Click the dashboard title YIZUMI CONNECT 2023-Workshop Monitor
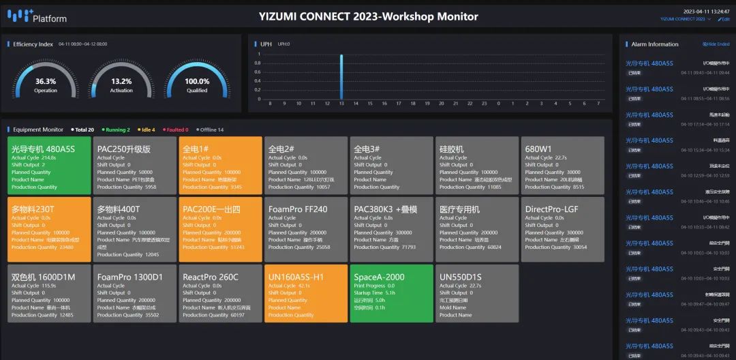(x=369, y=16)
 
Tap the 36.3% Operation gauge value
(x=46, y=81)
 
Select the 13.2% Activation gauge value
(x=121, y=81)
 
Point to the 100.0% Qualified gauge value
(x=197, y=81)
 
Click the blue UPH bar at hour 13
(x=341, y=76)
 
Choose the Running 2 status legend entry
(x=117, y=130)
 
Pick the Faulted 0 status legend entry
(x=177, y=130)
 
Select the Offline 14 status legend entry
(x=211, y=130)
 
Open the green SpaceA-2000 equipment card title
(x=379, y=277)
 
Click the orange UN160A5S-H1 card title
(x=296, y=277)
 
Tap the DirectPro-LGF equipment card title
(x=552, y=209)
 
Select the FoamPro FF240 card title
(x=298, y=209)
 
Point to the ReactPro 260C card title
(x=211, y=277)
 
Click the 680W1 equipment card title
(x=538, y=149)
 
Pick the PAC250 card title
(x=124, y=149)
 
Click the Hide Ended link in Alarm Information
(x=716, y=44)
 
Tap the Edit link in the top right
(x=724, y=19)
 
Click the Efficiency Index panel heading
(x=33, y=44)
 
